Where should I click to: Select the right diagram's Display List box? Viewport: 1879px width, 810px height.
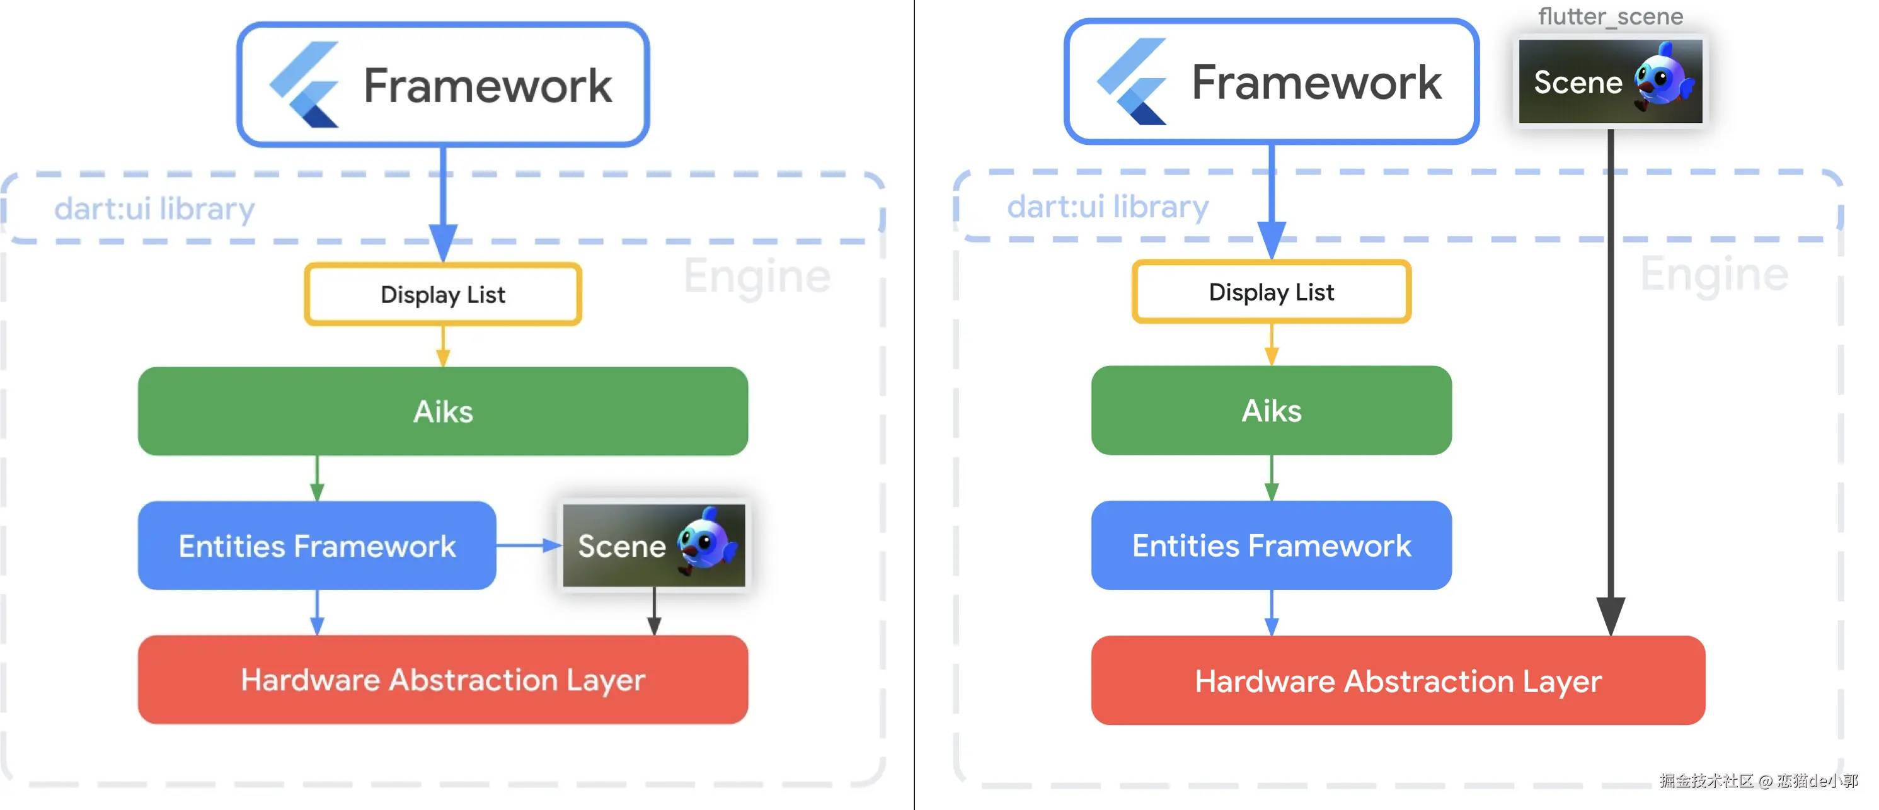[x=1272, y=292]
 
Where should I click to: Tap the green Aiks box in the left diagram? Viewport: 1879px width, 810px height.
[x=443, y=411]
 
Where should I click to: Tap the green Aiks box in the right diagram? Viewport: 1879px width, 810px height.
[x=1272, y=411]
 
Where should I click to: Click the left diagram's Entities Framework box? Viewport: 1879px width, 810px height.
[x=318, y=545]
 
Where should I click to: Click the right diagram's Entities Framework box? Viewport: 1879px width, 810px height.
[x=1272, y=545]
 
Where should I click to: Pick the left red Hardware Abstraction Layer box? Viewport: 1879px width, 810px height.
[x=443, y=680]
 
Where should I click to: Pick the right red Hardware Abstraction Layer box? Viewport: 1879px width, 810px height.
[x=1398, y=680]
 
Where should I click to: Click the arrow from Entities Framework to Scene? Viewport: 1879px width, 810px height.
[x=529, y=545]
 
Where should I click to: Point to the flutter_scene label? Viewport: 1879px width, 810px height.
[x=1611, y=16]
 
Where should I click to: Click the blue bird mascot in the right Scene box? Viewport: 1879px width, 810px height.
[x=1664, y=77]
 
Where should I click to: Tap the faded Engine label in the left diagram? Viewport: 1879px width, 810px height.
[x=757, y=277]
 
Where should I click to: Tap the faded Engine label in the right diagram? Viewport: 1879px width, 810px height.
[x=1714, y=275]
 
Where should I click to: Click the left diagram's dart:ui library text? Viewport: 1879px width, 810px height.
[x=154, y=209]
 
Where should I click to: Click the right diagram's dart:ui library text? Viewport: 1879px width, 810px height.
[x=1108, y=207]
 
